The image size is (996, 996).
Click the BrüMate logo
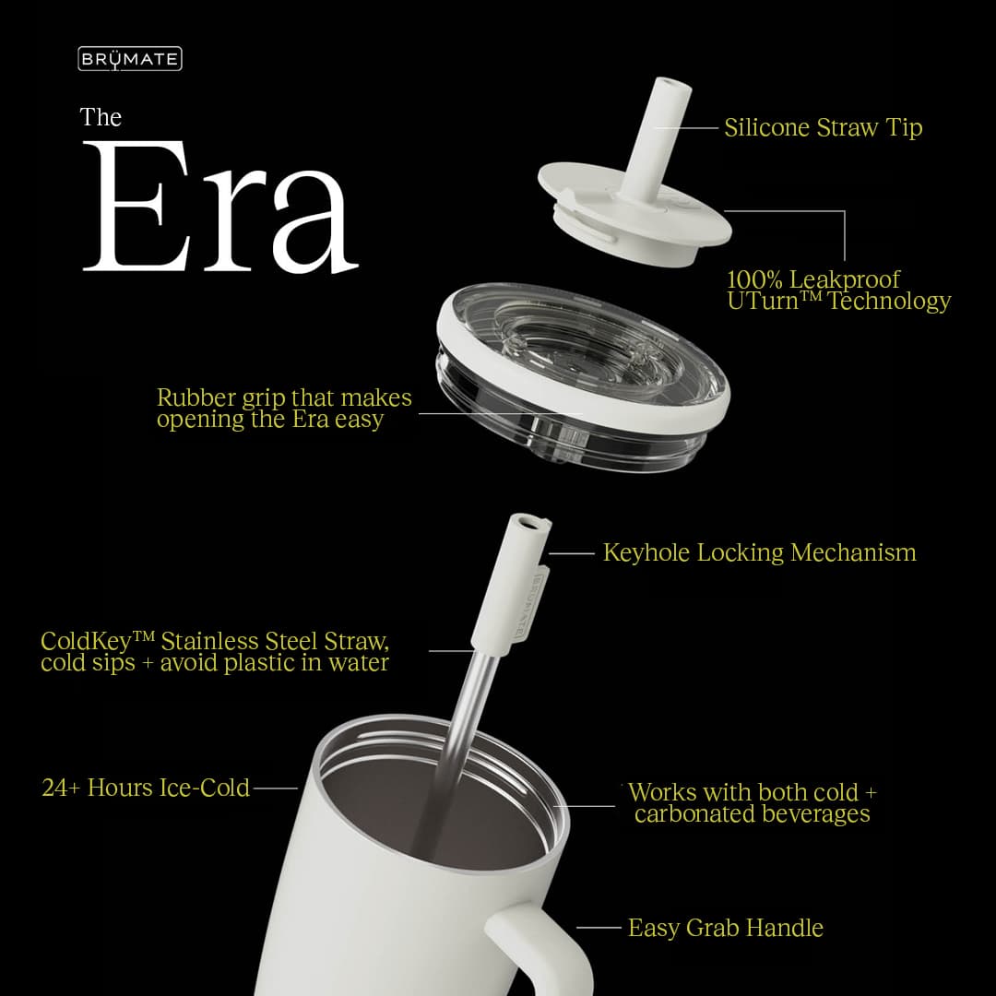tap(130, 59)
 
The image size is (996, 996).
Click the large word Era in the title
tap(220, 207)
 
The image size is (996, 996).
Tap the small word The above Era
tap(101, 117)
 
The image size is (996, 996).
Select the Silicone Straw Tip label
tap(824, 127)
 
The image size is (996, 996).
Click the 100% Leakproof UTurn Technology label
tap(838, 290)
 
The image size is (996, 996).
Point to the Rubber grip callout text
tap(284, 409)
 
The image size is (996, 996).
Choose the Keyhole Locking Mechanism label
tap(760, 552)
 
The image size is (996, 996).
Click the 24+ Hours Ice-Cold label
tap(146, 788)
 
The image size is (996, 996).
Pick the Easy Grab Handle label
tap(726, 928)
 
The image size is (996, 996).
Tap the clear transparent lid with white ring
tap(583, 377)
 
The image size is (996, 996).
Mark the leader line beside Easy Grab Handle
tap(599, 928)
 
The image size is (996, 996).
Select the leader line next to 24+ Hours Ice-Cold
tap(275, 788)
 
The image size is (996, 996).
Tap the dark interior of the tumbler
tap(432, 813)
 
